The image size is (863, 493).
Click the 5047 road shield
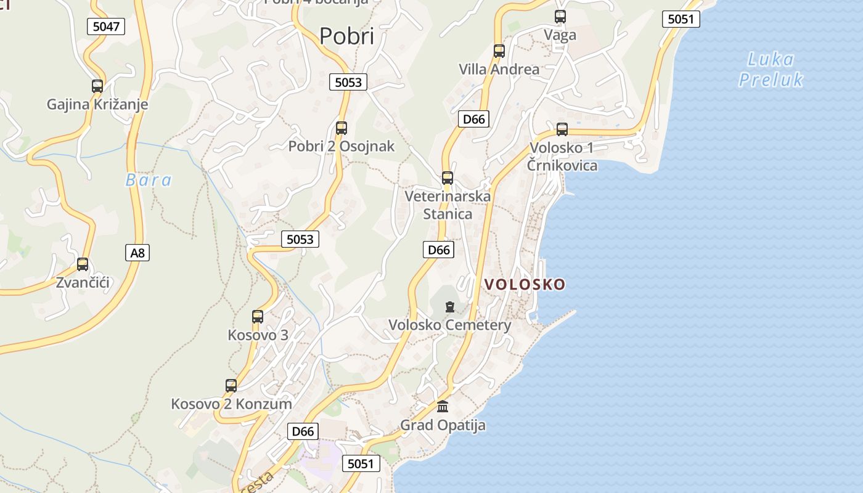click(x=106, y=26)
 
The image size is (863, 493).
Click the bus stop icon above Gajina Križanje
click(x=97, y=86)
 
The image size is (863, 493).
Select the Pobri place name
click(x=346, y=36)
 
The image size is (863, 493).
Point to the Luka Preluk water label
click(x=771, y=70)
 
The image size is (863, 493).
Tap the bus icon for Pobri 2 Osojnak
click(x=342, y=128)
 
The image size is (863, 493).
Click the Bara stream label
click(x=149, y=180)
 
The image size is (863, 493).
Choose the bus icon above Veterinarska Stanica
click(x=448, y=178)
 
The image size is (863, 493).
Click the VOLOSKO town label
click(x=525, y=284)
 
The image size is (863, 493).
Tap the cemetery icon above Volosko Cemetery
click(x=450, y=306)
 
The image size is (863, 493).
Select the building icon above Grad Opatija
click(x=443, y=407)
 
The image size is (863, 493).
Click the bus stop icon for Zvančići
click(x=83, y=264)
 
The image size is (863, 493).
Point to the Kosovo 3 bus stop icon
click(x=258, y=317)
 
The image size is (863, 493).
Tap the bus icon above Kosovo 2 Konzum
click(x=231, y=386)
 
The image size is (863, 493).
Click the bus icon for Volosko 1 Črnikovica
click(x=562, y=129)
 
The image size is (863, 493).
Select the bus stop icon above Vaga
click(x=560, y=17)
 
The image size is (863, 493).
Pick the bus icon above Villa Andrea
click(x=499, y=51)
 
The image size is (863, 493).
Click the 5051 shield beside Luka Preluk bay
click(x=681, y=19)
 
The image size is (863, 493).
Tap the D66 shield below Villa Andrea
click(x=473, y=119)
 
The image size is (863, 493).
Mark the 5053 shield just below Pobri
click(x=348, y=82)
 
